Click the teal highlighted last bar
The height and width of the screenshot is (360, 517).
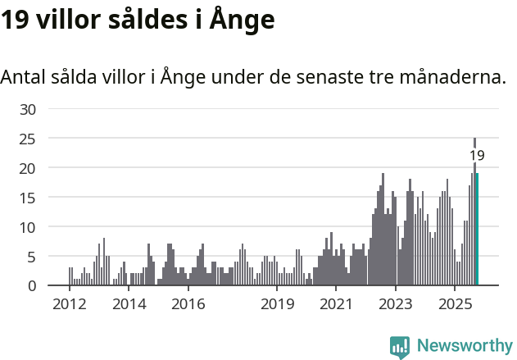pyautogui.click(x=477, y=230)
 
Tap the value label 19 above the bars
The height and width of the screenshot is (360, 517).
pyautogui.click(x=477, y=155)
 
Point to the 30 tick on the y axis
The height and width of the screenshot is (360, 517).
pyautogui.click(x=28, y=109)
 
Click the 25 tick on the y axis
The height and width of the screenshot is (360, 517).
pyautogui.click(x=28, y=139)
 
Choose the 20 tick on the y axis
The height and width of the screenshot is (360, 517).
pyautogui.click(x=28, y=168)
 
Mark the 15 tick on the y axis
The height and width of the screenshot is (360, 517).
pyautogui.click(x=28, y=198)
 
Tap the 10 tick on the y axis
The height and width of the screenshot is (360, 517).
pyautogui.click(x=28, y=227)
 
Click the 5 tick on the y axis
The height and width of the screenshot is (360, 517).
pyautogui.click(x=31, y=257)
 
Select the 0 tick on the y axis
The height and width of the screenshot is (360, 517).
pyautogui.click(x=31, y=286)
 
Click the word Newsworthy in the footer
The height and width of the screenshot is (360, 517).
pyautogui.click(x=465, y=346)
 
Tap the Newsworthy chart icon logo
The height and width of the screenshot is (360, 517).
pyautogui.click(x=400, y=347)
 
